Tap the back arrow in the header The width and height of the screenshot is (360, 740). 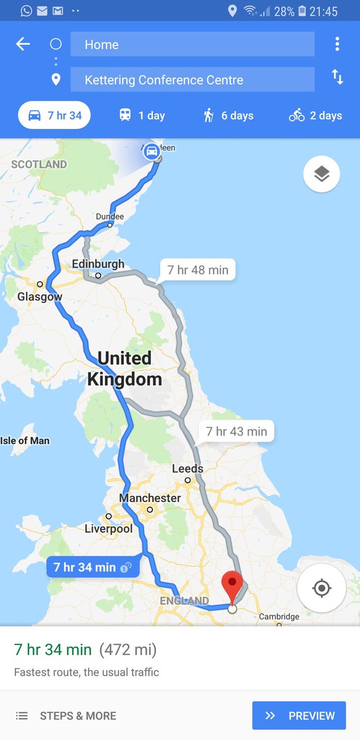(x=23, y=44)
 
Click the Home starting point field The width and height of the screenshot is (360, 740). (x=192, y=44)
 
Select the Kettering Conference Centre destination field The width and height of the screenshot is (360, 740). (x=192, y=80)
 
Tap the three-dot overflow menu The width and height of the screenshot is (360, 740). (x=337, y=44)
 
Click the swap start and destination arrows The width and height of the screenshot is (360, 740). (x=337, y=77)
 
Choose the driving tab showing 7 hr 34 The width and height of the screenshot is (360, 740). (x=54, y=115)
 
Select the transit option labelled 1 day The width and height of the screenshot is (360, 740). (x=142, y=115)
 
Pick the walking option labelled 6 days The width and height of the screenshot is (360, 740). (x=229, y=115)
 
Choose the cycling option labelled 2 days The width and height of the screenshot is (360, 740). (x=316, y=115)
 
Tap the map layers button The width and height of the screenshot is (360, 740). (x=321, y=175)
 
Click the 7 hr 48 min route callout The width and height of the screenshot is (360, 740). (x=198, y=270)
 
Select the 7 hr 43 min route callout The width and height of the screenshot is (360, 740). (x=237, y=432)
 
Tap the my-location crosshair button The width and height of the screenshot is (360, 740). (x=321, y=588)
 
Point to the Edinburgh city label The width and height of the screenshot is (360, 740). (x=98, y=265)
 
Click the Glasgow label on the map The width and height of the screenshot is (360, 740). (x=40, y=297)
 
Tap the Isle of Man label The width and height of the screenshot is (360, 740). (x=25, y=440)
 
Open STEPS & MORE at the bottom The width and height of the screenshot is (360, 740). (x=67, y=716)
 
